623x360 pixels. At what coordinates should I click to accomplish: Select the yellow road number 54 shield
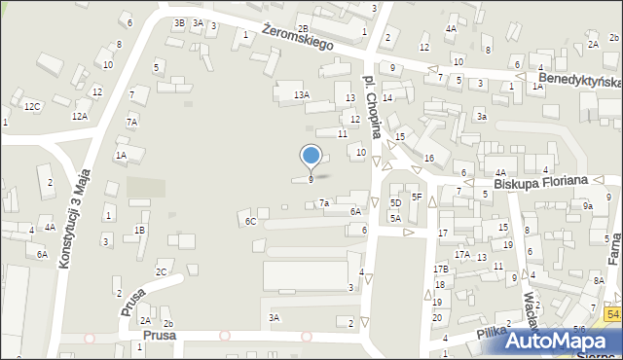coord(612,313)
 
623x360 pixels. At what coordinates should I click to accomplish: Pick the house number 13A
coord(302,94)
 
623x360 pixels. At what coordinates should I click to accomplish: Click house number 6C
coord(250,222)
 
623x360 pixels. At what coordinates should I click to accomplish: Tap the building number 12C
coord(32,106)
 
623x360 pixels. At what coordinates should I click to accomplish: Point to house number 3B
coord(178,22)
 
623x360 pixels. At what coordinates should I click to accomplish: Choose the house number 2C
coord(162,271)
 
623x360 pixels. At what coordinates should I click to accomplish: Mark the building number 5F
coord(416,197)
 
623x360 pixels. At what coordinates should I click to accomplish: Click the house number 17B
coord(440,269)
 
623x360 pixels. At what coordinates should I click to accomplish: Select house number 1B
coord(139,230)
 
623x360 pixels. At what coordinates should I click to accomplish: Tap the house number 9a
coord(587,206)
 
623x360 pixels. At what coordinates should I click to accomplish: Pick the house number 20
coord(437,318)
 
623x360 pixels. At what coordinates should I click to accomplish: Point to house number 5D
coord(395,202)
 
